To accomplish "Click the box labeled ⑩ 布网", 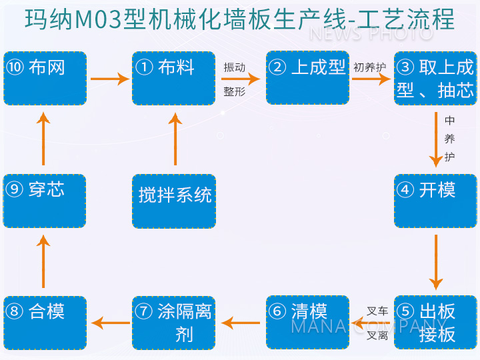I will (45, 78).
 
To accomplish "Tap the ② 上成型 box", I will (307, 78).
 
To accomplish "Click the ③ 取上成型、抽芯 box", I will (435, 78).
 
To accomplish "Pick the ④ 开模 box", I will (435, 201).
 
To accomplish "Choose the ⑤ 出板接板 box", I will (435, 323).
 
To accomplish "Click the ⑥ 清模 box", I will (307, 323).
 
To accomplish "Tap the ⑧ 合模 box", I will (45, 323).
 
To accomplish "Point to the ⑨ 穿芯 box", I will (45, 201).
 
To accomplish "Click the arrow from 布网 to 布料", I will (109, 79).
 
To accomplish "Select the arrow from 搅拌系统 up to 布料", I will (175, 139).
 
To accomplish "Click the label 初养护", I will (369, 67).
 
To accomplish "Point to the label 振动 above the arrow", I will (235, 67).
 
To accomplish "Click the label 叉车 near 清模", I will (377, 311).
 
